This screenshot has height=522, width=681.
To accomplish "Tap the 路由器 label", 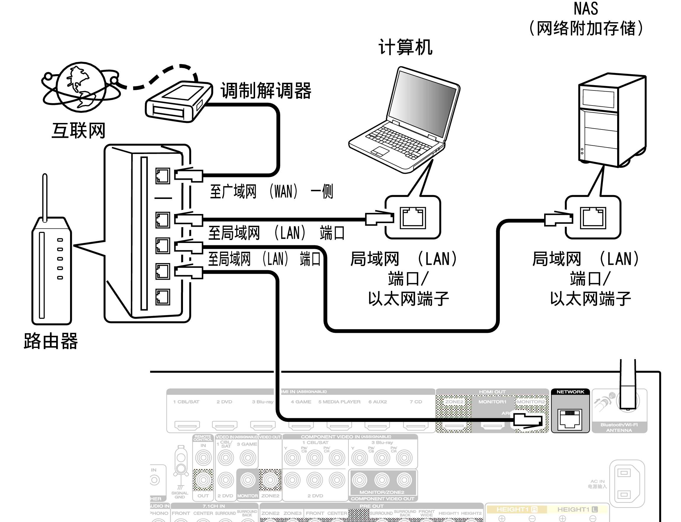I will point(51,341).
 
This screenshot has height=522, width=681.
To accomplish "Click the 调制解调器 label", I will point(266,91).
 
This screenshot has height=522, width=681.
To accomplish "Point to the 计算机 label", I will point(406,47).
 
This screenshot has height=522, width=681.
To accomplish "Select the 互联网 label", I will point(79,131).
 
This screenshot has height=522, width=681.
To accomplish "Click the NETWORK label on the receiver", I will point(570,392).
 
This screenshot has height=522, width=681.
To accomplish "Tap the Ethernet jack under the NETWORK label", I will point(570,419).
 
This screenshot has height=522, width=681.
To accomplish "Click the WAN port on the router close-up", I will point(163,176).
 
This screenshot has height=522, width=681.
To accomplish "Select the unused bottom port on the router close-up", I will point(163,297).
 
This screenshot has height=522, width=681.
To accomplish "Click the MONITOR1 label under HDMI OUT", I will point(492,402).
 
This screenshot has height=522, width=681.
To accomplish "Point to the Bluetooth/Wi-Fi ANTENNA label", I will point(619,427).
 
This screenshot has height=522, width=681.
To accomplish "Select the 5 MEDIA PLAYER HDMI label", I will point(339,402).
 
